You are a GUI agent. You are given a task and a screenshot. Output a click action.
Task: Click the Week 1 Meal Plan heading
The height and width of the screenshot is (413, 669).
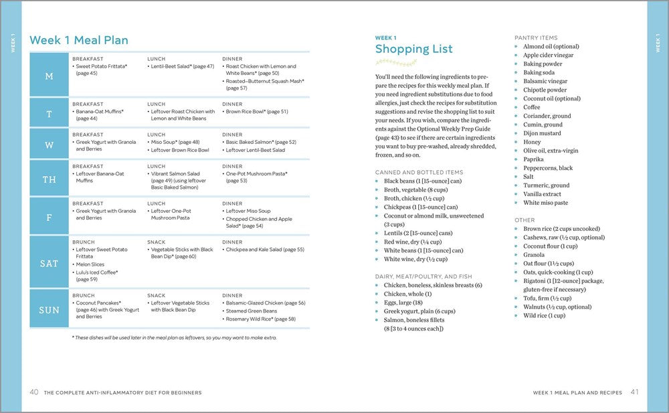point(79,40)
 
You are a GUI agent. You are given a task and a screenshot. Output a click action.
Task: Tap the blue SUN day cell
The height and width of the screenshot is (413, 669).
point(49,310)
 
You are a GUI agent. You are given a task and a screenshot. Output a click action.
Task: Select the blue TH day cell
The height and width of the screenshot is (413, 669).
point(49,179)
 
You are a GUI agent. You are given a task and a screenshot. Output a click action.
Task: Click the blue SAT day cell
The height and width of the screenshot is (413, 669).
point(49,263)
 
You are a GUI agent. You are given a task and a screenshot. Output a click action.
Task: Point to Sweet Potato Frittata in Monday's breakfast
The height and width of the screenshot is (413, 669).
point(102,66)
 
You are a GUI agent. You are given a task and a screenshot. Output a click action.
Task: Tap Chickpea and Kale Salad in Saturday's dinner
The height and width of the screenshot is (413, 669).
point(265,250)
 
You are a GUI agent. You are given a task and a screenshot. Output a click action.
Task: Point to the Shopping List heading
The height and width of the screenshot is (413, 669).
point(413,49)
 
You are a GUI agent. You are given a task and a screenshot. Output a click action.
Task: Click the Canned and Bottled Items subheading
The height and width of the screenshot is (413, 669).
point(419,172)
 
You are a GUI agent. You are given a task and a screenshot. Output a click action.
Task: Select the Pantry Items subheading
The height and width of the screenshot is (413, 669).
point(536,38)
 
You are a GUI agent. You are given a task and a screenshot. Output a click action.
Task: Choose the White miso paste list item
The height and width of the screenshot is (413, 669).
point(546,203)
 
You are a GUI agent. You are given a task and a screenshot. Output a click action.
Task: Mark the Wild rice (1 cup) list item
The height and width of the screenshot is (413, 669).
point(544,316)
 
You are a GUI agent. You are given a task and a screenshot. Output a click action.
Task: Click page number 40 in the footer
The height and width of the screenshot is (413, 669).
point(33,392)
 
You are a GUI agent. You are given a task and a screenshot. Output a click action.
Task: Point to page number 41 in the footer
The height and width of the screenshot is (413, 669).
point(635,392)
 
